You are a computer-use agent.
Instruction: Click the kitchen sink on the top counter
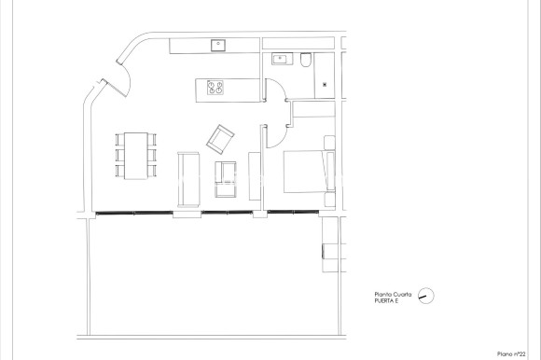(218, 43)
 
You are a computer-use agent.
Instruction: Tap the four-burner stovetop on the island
(215, 89)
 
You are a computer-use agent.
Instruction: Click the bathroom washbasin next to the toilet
(280, 59)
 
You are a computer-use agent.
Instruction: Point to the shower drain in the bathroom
(324, 85)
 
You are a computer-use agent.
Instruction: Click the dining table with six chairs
(138, 156)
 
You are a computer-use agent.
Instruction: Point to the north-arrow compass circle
(427, 296)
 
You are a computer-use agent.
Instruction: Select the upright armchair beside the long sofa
(227, 178)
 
